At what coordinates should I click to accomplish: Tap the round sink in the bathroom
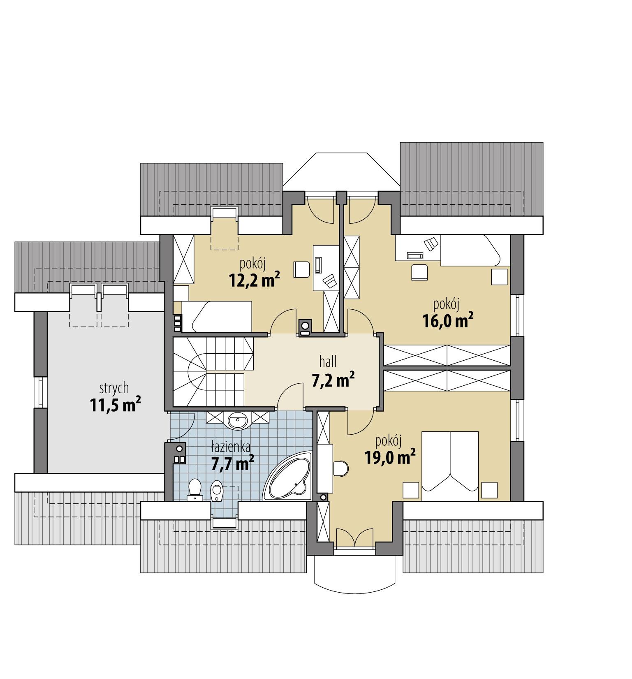pyautogui.click(x=238, y=420)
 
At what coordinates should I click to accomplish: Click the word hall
pyautogui.click(x=328, y=362)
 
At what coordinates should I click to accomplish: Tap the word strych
pyautogui.click(x=114, y=388)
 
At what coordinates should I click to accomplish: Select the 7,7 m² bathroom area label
pyautogui.click(x=232, y=464)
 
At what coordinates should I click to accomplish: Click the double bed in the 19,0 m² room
pyautogui.click(x=451, y=465)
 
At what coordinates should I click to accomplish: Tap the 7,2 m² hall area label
pyautogui.click(x=333, y=380)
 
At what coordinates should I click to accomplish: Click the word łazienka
pyautogui.click(x=231, y=445)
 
